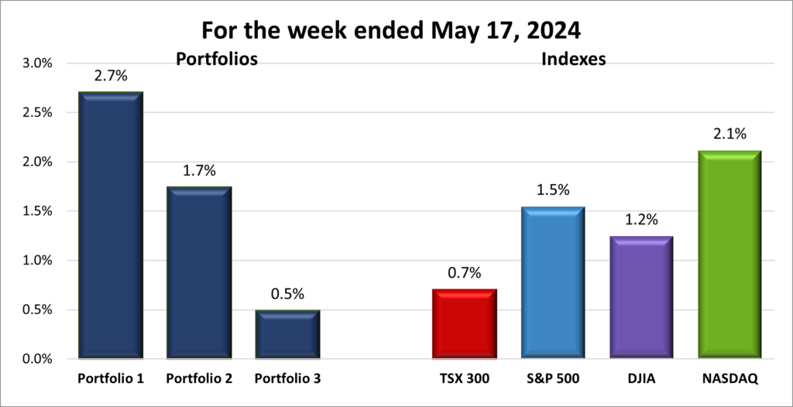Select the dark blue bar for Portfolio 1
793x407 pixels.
(110, 224)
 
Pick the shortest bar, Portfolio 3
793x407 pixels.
(287, 334)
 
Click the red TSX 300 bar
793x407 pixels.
(464, 323)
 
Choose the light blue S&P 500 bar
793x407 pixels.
(552, 282)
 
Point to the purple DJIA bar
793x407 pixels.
(640, 297)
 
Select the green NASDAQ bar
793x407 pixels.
(729, 254)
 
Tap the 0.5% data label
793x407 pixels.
(287, 294)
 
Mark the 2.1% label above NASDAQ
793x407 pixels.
(729, 135)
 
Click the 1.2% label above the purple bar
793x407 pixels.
(640, 221)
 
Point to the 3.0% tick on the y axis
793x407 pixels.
(35, 63)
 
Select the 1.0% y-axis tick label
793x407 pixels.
(35, 261)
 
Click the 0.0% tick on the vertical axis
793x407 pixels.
(35, 359)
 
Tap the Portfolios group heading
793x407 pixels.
(216, 59)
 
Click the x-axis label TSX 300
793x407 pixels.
(464, 379)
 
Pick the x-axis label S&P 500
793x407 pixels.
(552, 379)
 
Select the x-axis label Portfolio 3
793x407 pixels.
(287, 379)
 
